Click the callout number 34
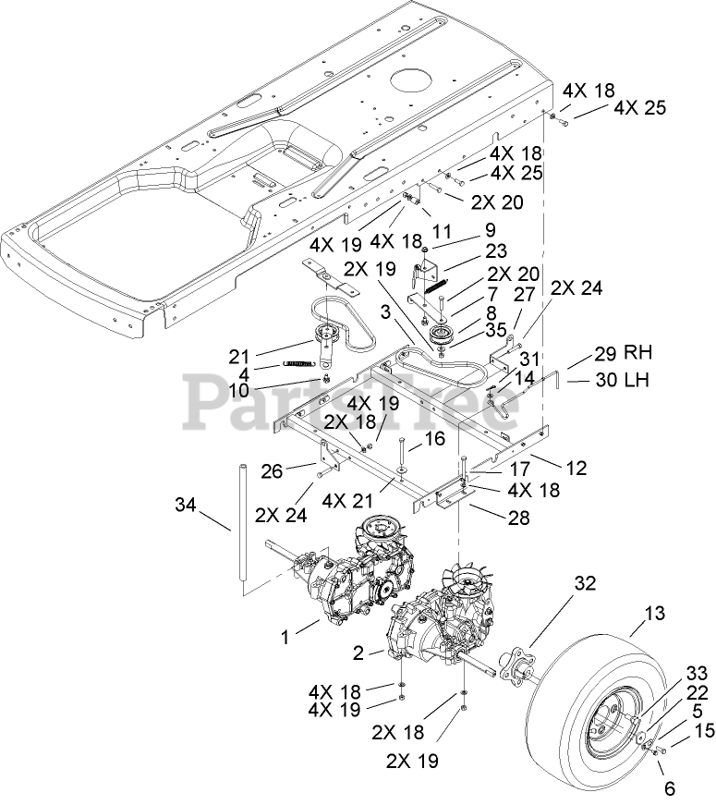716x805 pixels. pos(187,505)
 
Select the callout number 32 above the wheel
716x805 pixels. pos(585,584)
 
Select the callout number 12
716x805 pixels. pos(576,469)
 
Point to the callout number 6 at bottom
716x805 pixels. pos(670,788)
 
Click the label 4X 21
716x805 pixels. pos(347,500)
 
